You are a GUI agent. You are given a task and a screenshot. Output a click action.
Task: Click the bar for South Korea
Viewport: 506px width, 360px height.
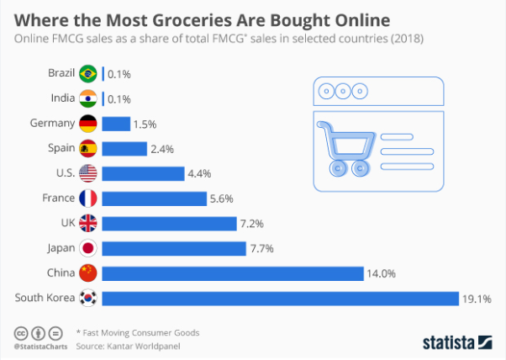pyautogui.click(x=279, y=298)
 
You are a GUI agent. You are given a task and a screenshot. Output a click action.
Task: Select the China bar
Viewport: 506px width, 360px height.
pyautogui.click(x=231, y=273)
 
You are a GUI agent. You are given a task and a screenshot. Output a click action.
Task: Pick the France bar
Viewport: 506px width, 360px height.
pyautogui.click(x=154, y=199)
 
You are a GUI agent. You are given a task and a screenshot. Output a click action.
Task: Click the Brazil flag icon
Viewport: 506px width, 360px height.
pyautogui.click(x=87, y=74)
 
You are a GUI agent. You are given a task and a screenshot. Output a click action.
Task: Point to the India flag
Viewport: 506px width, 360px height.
pyautogui.click(x=87, y=99)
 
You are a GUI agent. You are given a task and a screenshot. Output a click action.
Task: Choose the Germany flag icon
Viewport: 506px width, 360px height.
pyautogui.click(x=87, y=124)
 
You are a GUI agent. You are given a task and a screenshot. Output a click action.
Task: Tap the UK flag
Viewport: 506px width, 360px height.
pyautogui.click(x=87, y=223)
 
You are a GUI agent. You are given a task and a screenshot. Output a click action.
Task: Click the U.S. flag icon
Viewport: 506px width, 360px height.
pyautogui.click(x=87, y=173)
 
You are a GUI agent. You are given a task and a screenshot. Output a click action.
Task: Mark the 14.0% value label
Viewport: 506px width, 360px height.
pyautogui.click(x=380, y=273)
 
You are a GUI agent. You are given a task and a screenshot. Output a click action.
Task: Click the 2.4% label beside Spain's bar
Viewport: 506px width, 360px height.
pyautogui.click(x=163, y=149)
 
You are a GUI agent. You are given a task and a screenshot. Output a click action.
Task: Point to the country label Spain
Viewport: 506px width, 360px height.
pyautogui.click(x=59, y=149)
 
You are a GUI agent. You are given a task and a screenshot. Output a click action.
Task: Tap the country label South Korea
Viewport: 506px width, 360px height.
pyautogui.click(x=42, y=298)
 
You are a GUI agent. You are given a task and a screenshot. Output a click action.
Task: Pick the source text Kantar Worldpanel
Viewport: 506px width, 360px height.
pyautogui.click(x=153, y=346)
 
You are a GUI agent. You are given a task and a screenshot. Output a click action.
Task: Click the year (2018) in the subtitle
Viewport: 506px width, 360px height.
pyautogui.click(x=407, y=39)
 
